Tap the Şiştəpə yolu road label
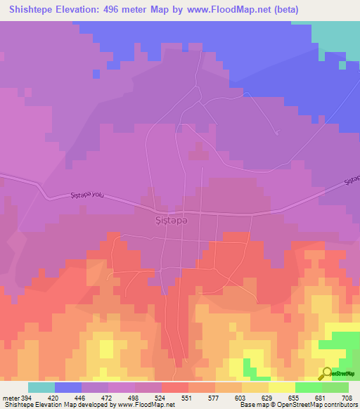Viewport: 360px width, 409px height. pos(88,195)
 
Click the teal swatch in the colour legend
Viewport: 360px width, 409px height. pos(41,387)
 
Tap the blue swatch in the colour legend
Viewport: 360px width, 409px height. pos(68,387)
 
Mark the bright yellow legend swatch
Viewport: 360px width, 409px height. pos(282,387)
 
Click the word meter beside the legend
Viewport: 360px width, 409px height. pos(10,397)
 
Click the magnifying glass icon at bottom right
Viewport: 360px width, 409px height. pos(327,373)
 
